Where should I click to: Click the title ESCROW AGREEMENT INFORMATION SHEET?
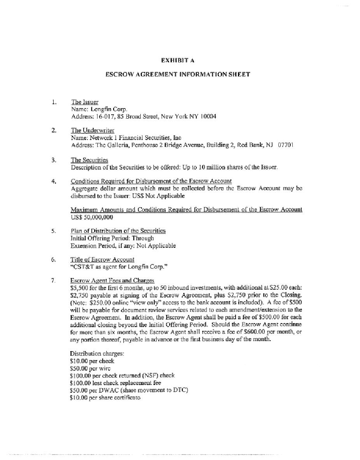pos(178,74)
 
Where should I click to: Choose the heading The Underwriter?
pos(93,131)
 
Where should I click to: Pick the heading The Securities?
pos(89,160)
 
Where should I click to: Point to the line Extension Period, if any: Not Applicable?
pos(123,246)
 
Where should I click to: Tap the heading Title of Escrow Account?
pos(102,260)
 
